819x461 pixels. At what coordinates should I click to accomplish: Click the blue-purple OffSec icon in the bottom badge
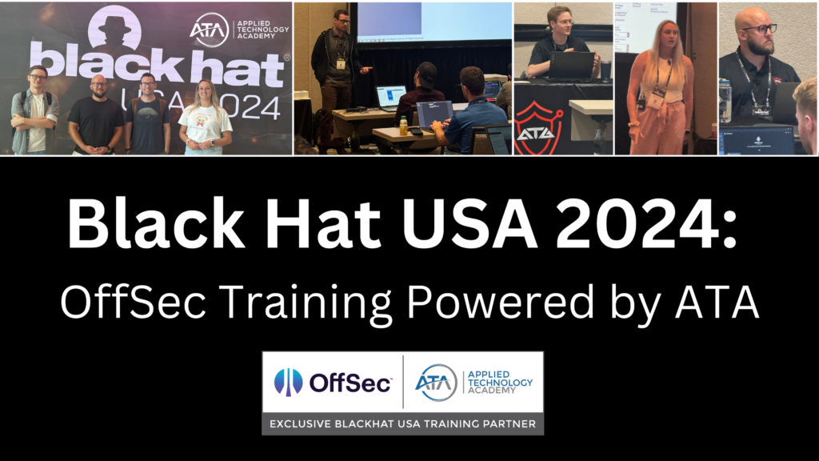pyautogui.click(x=289, y=383)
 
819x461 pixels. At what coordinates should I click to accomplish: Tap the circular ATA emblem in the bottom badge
pyautogui.click(x=436, y=382)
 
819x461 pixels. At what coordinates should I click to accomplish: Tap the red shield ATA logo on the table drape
pyautogui.click(x=538, y=126)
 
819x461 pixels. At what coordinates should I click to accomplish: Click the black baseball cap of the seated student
pyautogui.click(x=427, y=70)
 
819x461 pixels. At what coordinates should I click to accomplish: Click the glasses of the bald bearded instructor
pyautogui.click(x=761, y=29)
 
